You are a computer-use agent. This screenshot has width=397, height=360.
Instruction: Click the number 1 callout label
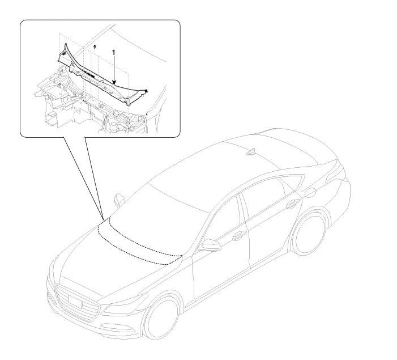[x=114, y=53]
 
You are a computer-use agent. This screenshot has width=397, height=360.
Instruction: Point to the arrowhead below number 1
[x=114, y=82]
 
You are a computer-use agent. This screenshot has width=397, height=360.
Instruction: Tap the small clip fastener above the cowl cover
[x=95, y=46]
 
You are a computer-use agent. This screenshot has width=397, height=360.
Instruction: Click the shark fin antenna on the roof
[x=252, y=151]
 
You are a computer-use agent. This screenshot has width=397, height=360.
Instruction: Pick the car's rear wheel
[x=309, y=232]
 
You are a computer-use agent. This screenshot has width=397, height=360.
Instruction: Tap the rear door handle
[x=293, y=204]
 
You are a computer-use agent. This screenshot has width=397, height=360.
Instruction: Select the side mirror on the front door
[x=209, y=245]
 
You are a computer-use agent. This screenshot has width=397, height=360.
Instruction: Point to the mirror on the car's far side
[x=119, y=200]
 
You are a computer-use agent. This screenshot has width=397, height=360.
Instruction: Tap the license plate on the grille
[x=75, y=302]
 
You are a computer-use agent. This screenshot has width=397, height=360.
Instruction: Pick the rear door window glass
[x=266, y=195]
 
